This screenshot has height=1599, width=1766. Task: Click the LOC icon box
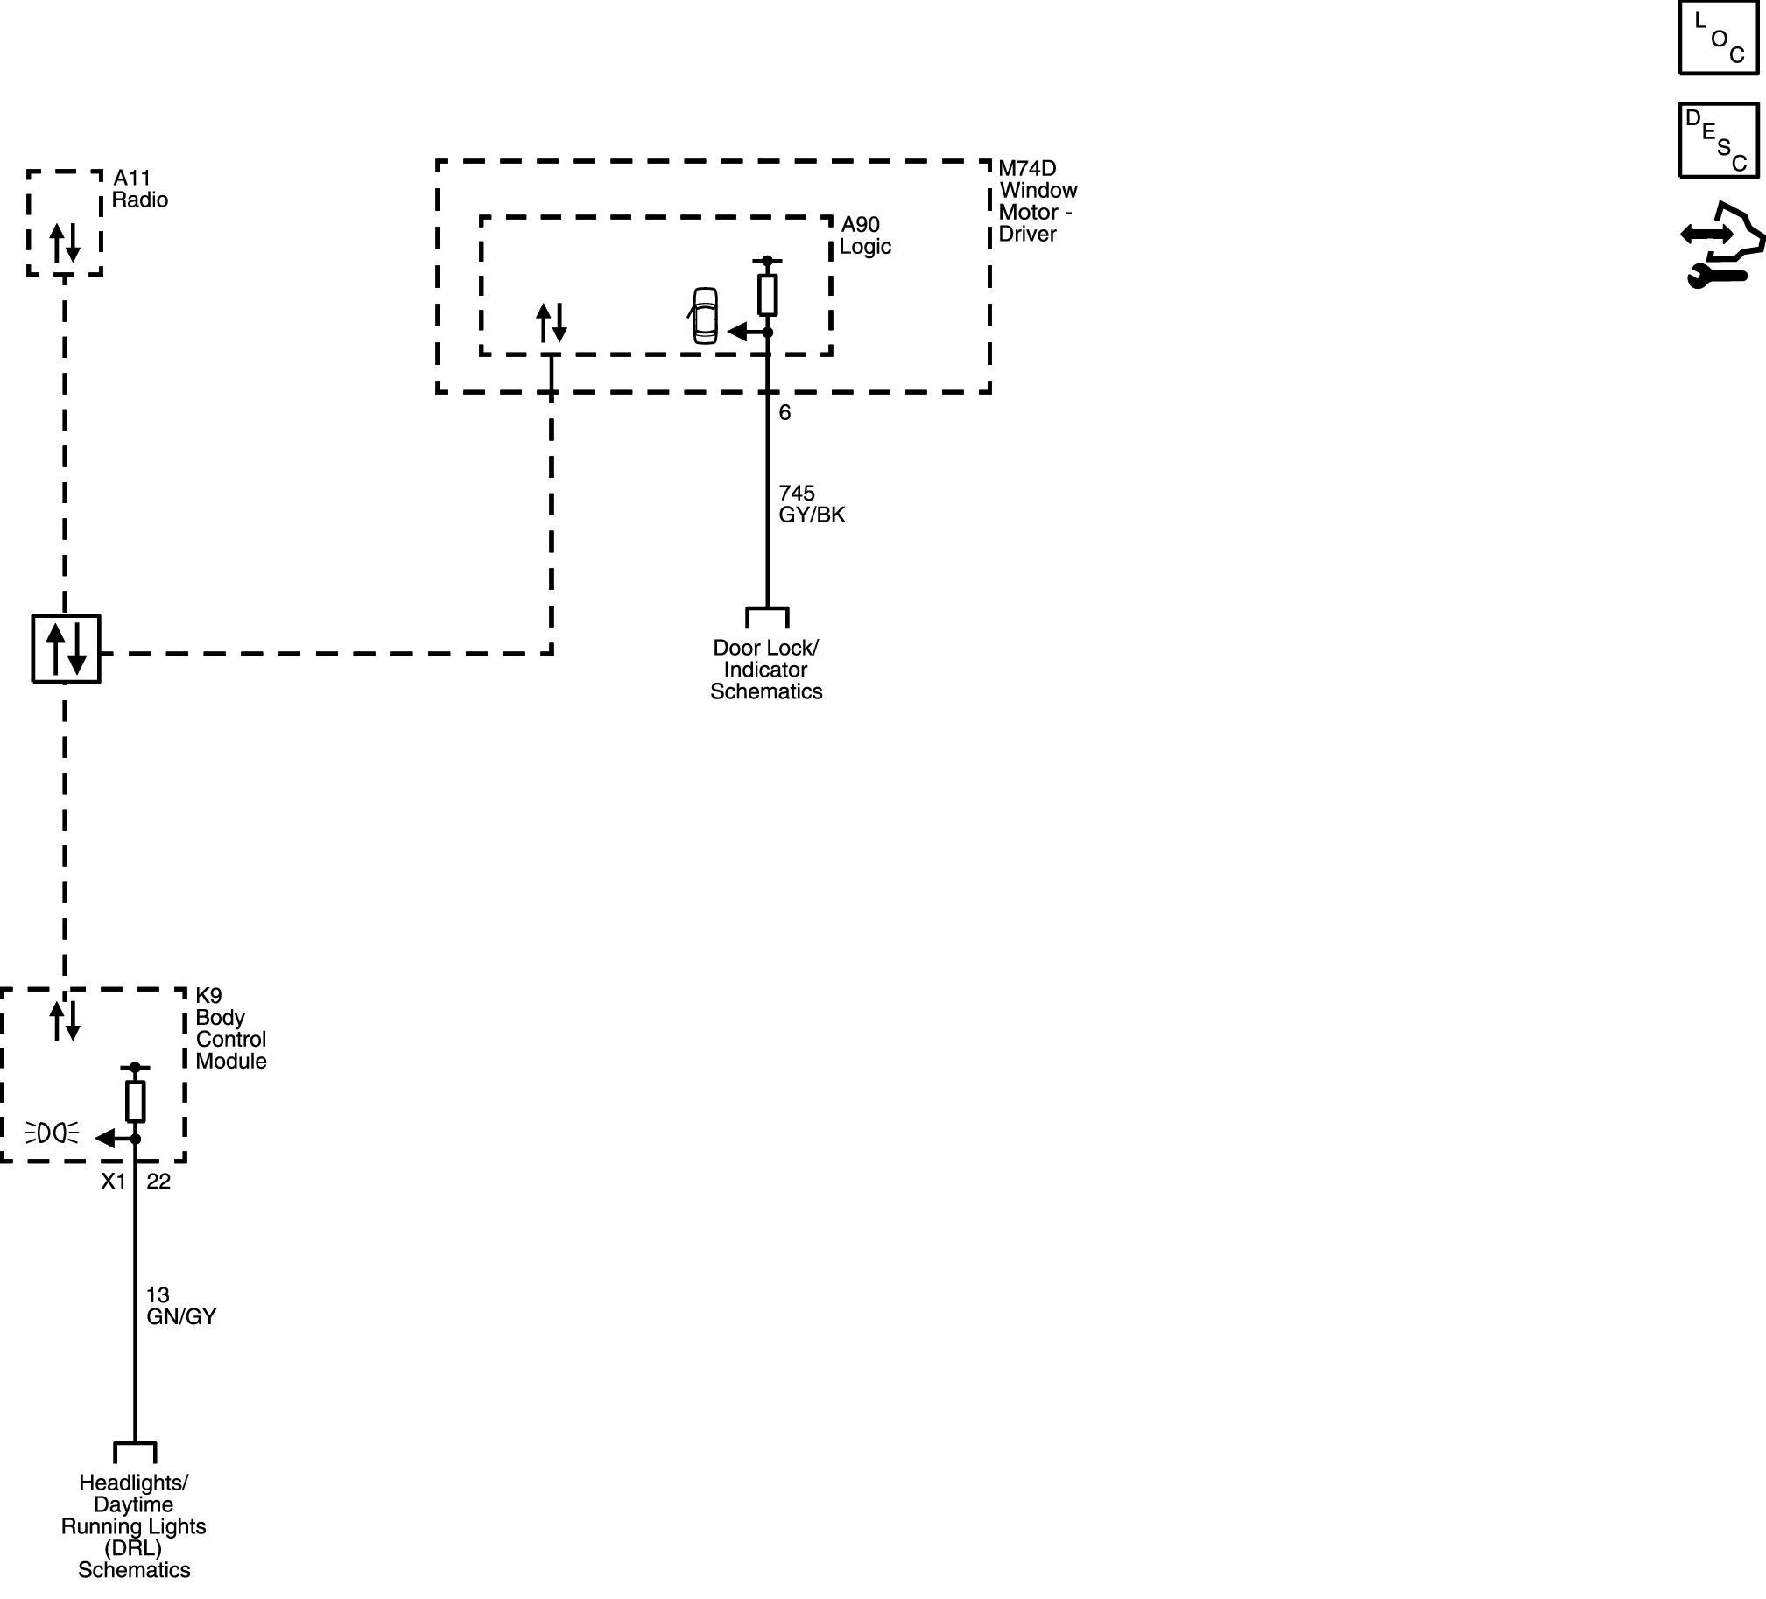[x=1718, y=37]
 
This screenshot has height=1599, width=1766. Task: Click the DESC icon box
[x=1718, y=140]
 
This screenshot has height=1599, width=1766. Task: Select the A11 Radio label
[x=140, y=189]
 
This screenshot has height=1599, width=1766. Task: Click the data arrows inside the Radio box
[x=65, y=242]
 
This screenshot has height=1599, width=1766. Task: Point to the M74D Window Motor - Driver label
[x=1038, y=201]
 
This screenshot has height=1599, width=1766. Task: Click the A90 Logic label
[x=864, y=235]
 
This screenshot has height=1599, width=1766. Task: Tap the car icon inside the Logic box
[x=703, y=315]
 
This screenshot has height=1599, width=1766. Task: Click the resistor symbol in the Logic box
[x=767, y=295]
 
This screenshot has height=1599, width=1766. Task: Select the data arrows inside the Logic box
[x=552, y=323]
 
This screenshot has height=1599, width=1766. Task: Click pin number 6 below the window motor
[x=784, y=412]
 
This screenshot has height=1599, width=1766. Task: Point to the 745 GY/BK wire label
[x=812, y=504]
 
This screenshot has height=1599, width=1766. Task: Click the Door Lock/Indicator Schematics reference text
[x=766, y=670]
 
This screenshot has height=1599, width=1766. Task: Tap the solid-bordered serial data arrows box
[x=67, y=649]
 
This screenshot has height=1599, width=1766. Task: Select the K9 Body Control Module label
[x=231, y=1028]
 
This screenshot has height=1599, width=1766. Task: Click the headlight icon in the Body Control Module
[x=53, y=1133]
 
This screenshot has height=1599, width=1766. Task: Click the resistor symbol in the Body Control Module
[x=135, y=1102]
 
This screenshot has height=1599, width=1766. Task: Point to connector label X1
[x=114, y=1182]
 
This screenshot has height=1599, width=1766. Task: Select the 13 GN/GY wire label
[x=181, y=1306]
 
